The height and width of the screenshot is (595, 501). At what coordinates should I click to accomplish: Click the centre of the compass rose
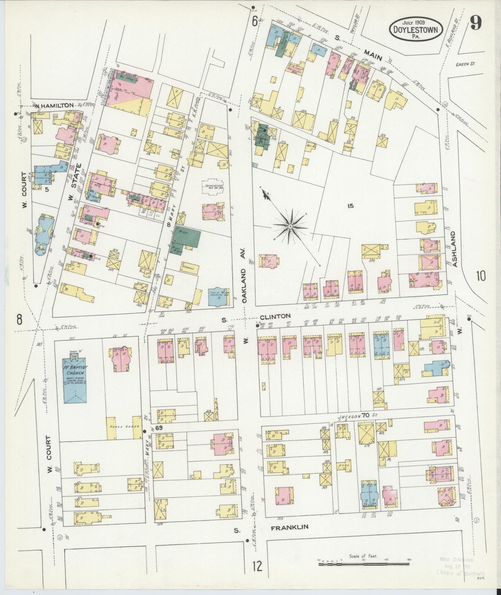[x=290, y=226]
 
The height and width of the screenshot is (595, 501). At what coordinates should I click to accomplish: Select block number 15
[x=350, y=206]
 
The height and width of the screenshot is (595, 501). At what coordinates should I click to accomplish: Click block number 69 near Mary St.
[x=159, y=428]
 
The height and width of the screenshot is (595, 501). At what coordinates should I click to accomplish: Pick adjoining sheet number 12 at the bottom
[x=257, y=567]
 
